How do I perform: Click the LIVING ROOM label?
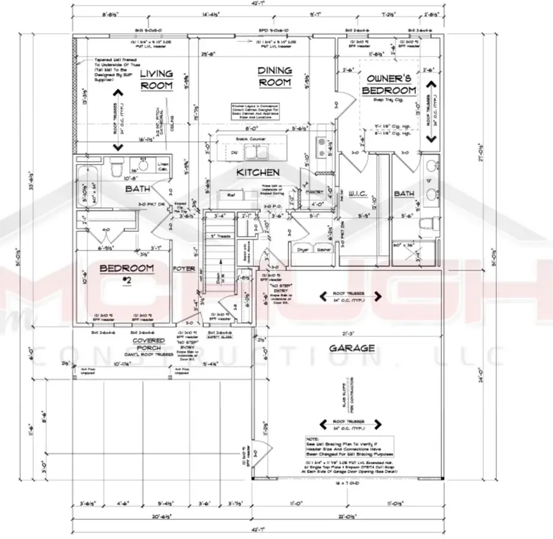(x=156, y=80)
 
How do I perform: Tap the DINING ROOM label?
(x=274, y=77)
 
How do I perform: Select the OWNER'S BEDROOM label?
(x=391, y=84)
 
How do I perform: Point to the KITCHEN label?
(x=258, y=173)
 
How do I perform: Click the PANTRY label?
(x=314, y=192)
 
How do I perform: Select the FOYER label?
(x=184, y=269)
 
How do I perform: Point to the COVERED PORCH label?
(x=149, y=344)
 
